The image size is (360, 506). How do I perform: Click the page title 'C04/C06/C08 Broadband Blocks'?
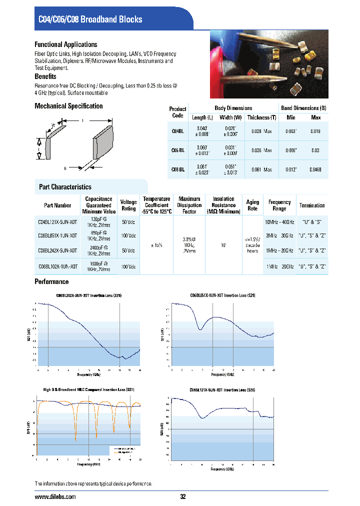(x=90, y=19)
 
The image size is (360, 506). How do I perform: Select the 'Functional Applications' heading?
(x=66, y=44)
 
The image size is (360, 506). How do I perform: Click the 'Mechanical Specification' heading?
(x=68, y=106)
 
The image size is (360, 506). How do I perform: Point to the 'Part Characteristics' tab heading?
(x=65, y=187)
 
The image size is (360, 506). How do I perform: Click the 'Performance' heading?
(x=51, y=282)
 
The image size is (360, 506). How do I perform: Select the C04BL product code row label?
(x=177, y=131)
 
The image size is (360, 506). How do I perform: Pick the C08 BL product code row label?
(x=177, y=170)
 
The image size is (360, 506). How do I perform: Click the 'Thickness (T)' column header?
(x=261, y=117)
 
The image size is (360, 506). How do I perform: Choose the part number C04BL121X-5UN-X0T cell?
(x=58, y=221)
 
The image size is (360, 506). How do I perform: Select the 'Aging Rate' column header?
(x=252, y=205)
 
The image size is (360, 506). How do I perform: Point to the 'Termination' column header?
(x=312, y=205)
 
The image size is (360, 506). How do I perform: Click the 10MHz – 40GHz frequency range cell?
(x=279, y=221)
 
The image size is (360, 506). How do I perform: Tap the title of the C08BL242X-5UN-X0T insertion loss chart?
(x=88, y=296)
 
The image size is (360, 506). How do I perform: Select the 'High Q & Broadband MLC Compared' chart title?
(x=88, y=389)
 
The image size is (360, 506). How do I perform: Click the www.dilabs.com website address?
(x=55, y=497)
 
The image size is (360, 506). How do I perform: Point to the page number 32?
(x=182, y=497)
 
